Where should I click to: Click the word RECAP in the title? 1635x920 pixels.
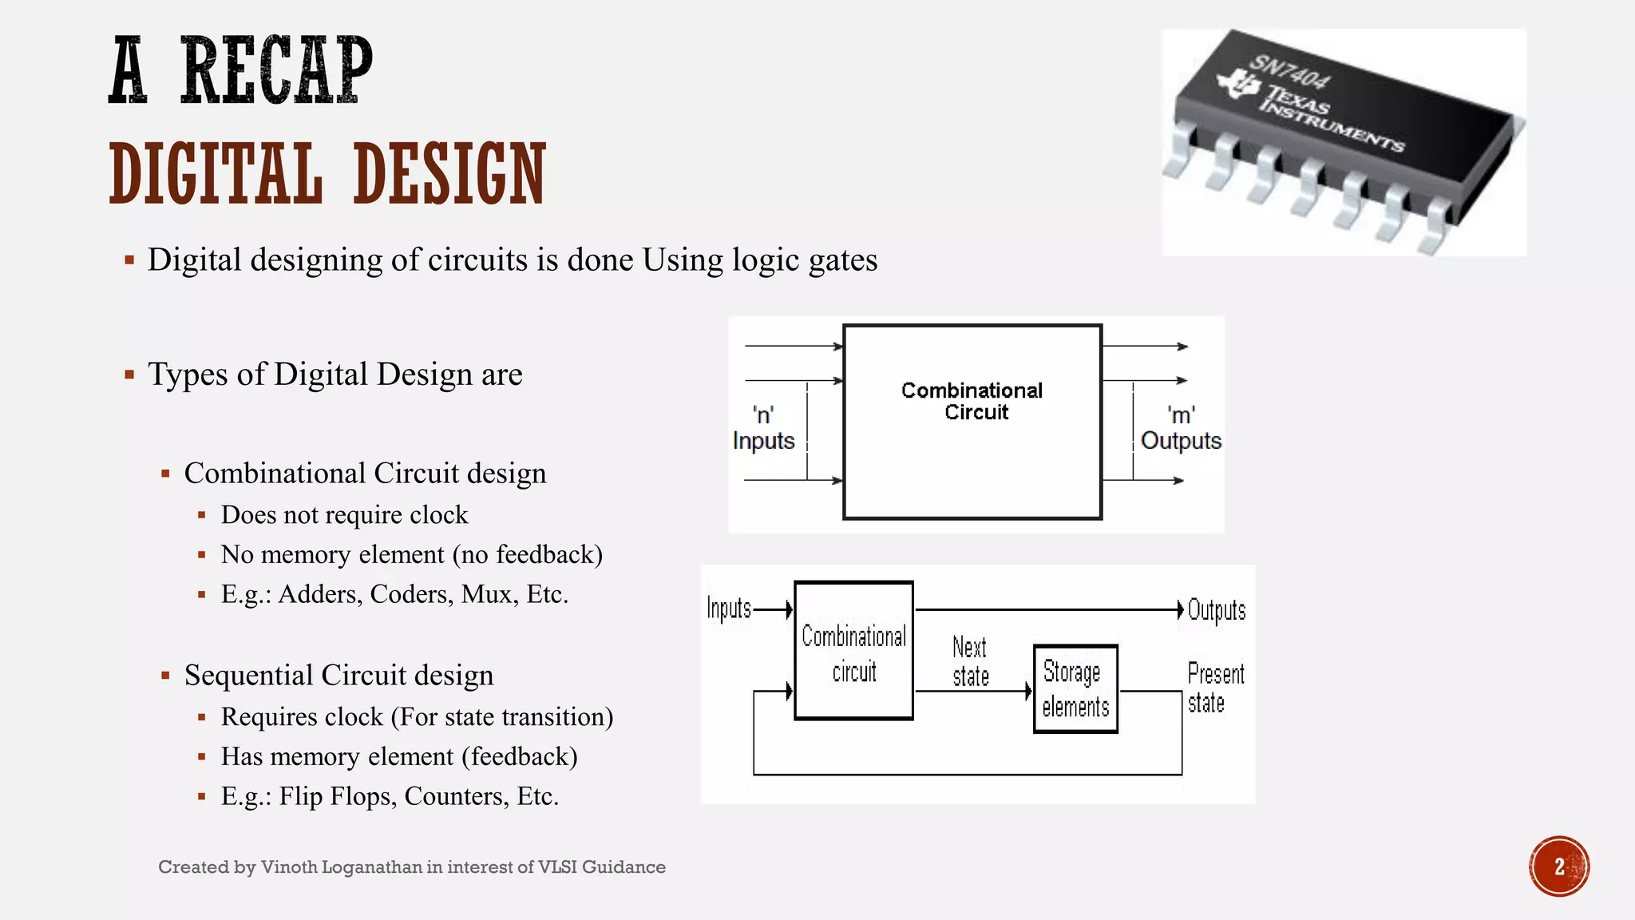coord(276,70)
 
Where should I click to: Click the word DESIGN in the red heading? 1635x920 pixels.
coord(449,173)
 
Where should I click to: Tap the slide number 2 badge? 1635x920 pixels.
coord(1558,866)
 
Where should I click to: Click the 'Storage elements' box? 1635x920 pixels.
coord(1075,688)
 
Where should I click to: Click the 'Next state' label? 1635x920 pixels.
coord(970,661)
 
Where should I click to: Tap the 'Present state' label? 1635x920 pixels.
coord(1214,688)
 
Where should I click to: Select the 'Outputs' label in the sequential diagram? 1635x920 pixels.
coord(1216,610)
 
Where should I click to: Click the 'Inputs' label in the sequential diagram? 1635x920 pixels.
coord(728,609)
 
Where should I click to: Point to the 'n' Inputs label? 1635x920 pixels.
coord(763,429)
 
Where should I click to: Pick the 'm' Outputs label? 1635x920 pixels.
coord(1180,429)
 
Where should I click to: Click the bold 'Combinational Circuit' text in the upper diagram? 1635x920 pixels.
coord(972,401)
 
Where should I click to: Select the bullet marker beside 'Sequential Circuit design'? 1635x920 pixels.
coord(165,676)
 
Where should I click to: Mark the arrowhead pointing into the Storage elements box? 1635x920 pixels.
coord(1028,691)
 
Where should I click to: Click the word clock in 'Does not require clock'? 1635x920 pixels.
coord(438,515)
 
